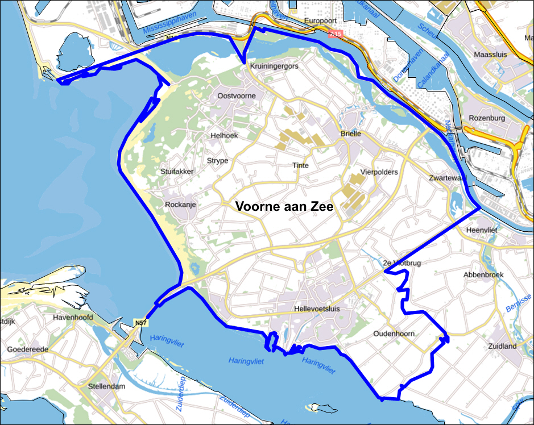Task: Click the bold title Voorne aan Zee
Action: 284,207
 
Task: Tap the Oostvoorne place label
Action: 237,96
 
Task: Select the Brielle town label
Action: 351,134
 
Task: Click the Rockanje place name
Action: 180,205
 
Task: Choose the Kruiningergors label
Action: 274,66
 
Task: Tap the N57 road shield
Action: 140,323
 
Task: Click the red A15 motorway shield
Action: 336,35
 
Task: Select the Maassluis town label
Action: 489,55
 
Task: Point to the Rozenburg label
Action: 487,118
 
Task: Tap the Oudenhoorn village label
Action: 394,334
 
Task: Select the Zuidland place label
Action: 502,346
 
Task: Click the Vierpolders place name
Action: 379,172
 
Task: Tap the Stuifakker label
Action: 177,171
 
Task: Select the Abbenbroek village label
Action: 483,274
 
